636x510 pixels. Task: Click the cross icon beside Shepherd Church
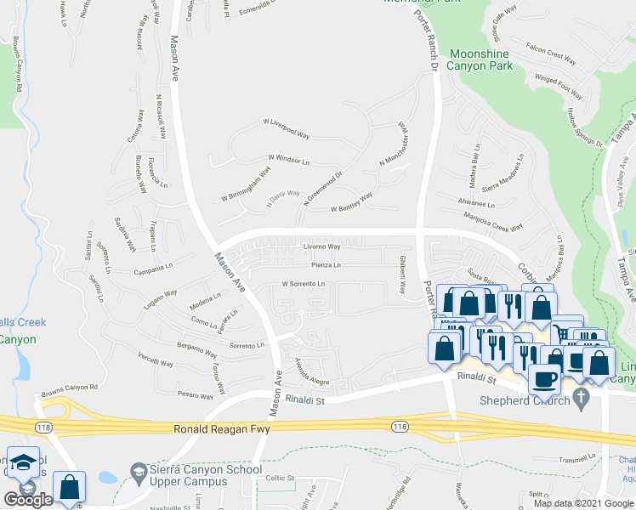[582, 397]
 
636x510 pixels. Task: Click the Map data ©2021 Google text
[582, 503]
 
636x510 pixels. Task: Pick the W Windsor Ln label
[288, 158]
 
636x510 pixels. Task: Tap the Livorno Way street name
[322, 247]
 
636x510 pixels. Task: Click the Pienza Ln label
[326, 265]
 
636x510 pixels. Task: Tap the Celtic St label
[280, 478]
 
